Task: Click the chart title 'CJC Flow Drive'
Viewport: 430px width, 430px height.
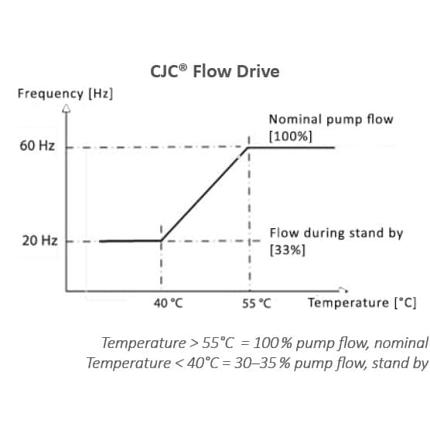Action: [x=215, y=71]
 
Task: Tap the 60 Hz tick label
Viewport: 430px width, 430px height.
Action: [x=37, y=145]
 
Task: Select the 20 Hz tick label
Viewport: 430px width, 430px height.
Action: [x=39, y=241]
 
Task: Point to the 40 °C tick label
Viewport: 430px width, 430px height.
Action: [x=168, y=303]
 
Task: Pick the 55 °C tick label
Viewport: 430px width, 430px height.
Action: [x=257, y=304]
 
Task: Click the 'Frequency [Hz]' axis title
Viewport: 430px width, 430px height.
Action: [x=65, y=94]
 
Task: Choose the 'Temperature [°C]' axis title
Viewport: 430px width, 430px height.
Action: [x=362, y=302]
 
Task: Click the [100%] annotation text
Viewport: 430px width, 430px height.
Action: [x=291, y=136]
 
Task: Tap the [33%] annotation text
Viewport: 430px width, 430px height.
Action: [x=287, y=250]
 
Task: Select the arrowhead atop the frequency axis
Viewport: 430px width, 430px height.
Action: [x=66, y=108]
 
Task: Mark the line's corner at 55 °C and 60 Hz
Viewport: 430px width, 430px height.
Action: [x=248, y=148]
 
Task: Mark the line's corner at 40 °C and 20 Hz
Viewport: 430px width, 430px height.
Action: [x=161, y=241]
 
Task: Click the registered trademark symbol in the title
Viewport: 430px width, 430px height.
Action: [x=183, y=67]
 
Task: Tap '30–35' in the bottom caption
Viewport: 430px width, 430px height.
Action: [x=255, y=363]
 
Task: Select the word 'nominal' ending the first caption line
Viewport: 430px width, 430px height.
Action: [x=401, y=343]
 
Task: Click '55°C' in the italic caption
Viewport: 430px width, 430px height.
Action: [x=218, y=343]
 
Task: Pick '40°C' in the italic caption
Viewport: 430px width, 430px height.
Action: [x=203, y=363]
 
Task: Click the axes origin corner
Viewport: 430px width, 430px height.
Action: [x=67, y=291]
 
